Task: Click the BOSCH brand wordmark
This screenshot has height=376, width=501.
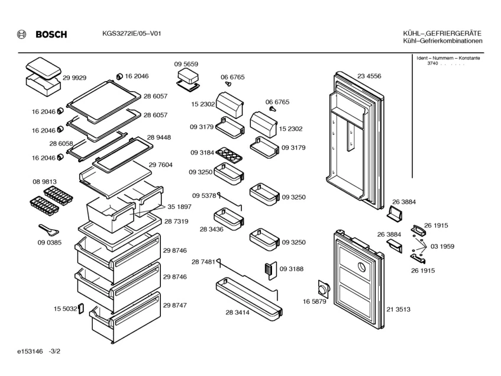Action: [51, 34]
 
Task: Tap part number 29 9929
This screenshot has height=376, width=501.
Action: [75, 78]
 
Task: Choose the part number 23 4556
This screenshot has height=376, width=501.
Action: [369, 76]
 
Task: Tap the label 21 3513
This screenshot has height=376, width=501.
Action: [398, 310]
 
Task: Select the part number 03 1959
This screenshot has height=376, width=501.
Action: [442, 246]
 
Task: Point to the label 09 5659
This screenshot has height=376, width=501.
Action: [186, 64]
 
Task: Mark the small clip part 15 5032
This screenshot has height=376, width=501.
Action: [82, 310]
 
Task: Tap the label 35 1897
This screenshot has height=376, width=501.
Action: [180, 207]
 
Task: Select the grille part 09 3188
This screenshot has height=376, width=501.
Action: [269, 269]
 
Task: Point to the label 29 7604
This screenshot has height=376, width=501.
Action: [161, 165]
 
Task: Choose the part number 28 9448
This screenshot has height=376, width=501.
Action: [159, 137]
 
